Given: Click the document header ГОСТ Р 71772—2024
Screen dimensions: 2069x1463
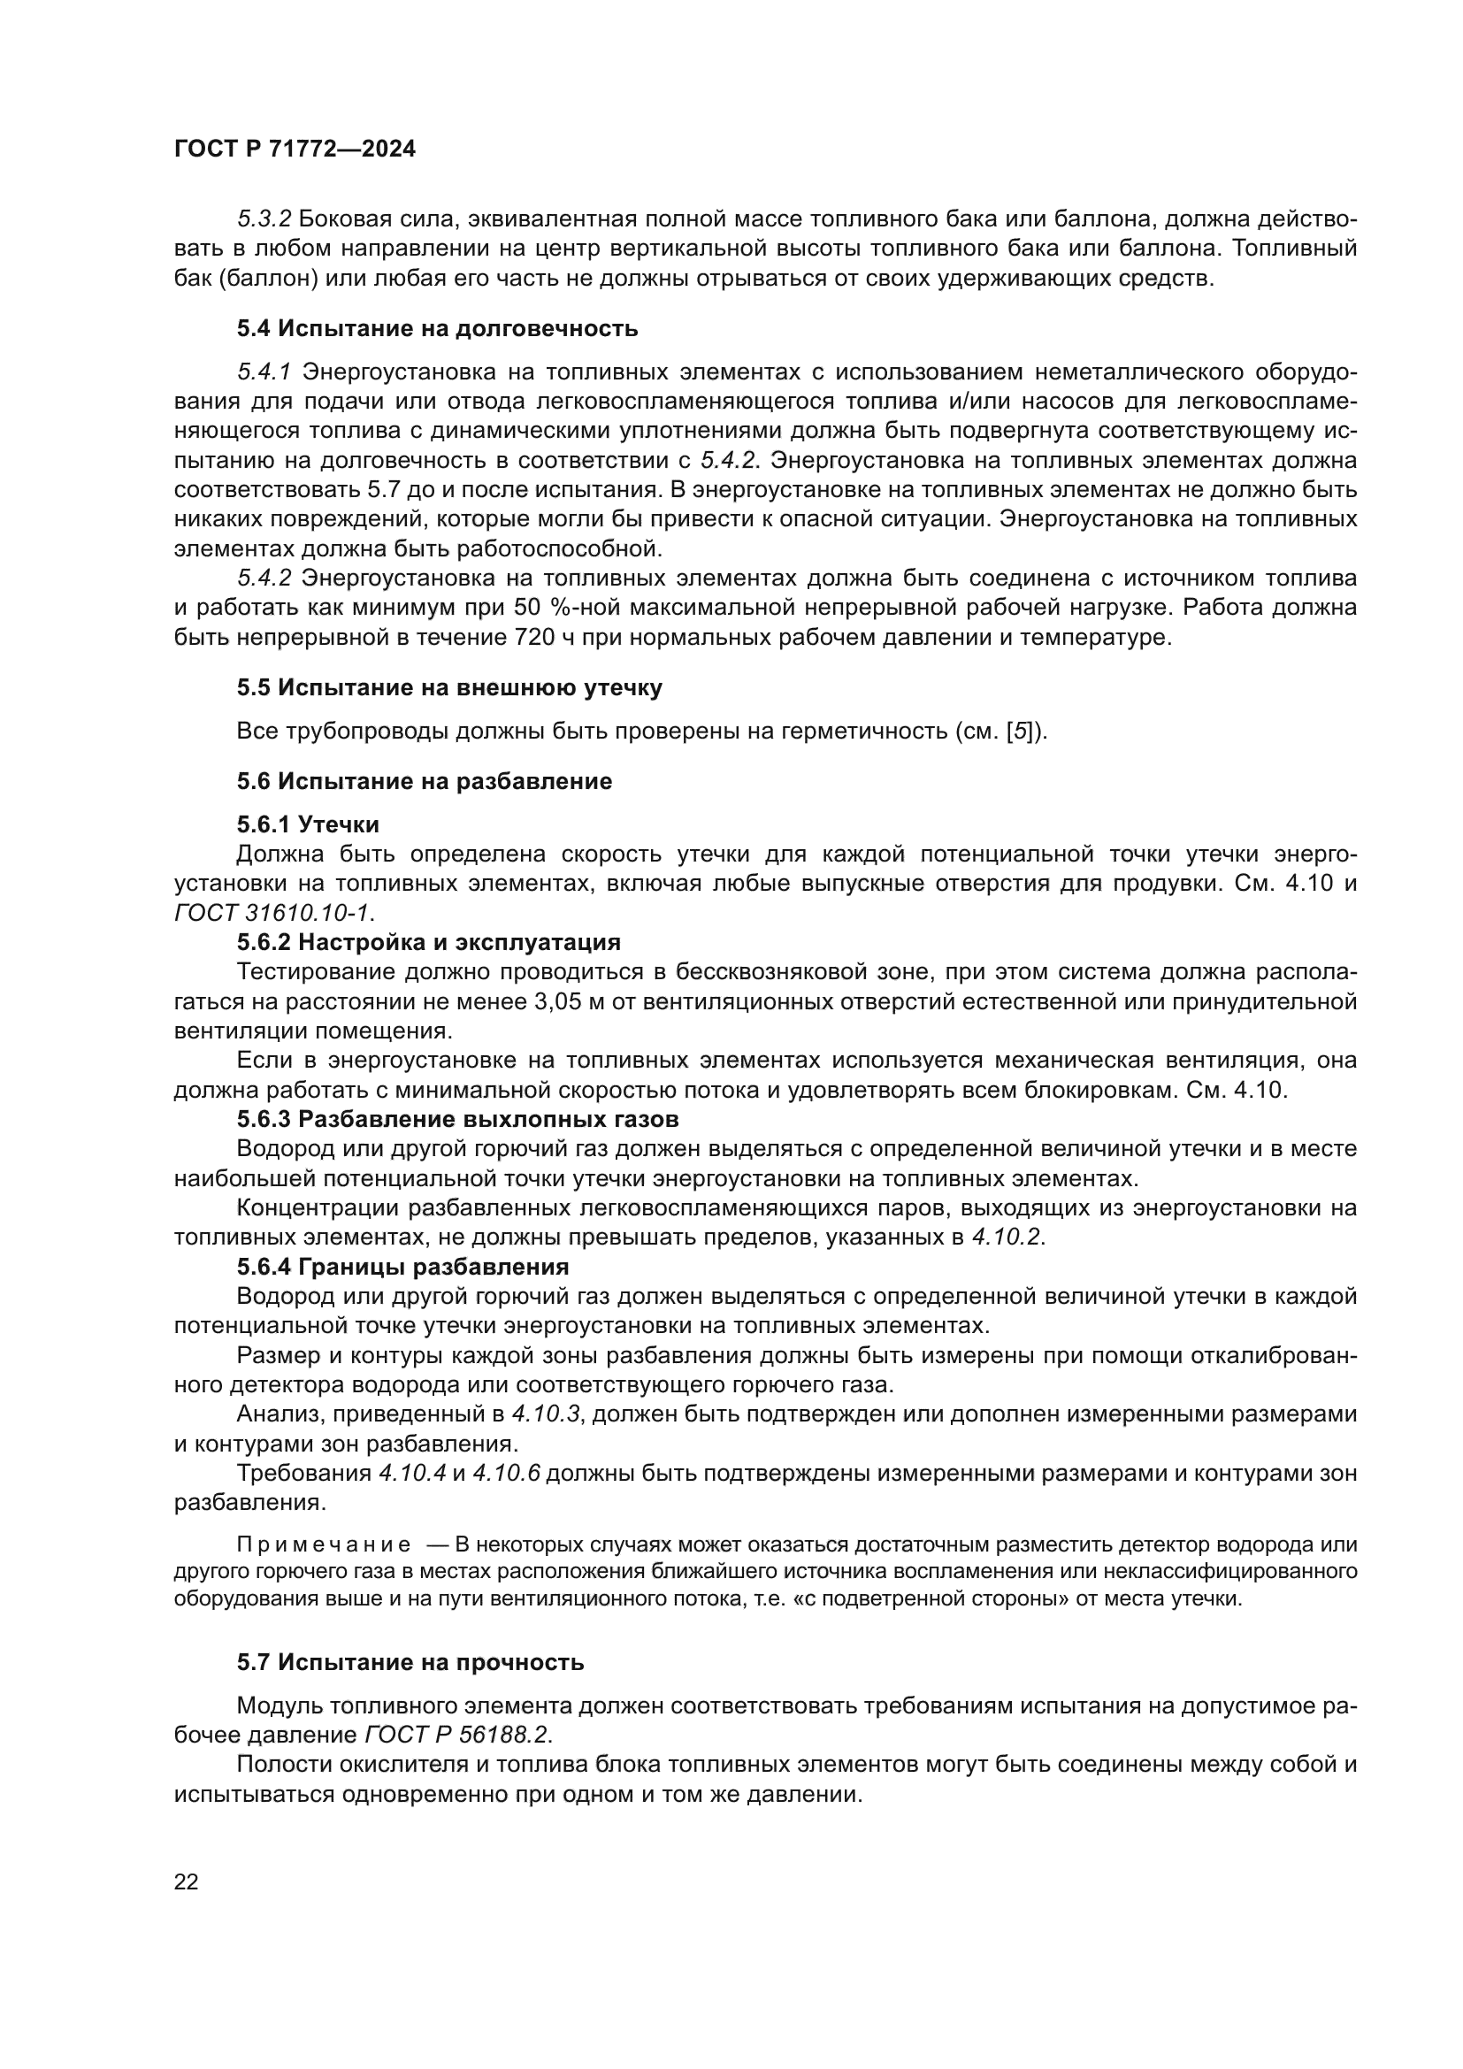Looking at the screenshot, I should [x=295, y=149].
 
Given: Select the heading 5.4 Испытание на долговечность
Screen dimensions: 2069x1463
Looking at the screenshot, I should [x=437, y=328].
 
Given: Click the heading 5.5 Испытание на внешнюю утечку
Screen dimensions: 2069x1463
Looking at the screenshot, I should [x=448, y=687].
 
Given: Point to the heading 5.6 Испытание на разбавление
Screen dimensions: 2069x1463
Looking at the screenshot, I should [x=425, y=781].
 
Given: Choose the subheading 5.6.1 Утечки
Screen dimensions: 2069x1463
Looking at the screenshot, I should [x=307, y=824].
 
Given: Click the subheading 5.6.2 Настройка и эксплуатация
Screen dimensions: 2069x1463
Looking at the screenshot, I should [x=429, y=943].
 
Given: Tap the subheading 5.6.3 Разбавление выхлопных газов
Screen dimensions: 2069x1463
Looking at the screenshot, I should [x=457, y=1119].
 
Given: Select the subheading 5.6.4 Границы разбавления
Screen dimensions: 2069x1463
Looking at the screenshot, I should [x=402, y=1267].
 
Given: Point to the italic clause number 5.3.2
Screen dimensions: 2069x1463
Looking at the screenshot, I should [x=264, y=219].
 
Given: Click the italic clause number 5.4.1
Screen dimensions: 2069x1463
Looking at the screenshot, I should [x=264, y=372].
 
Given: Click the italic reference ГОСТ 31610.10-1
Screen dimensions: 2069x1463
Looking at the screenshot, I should [x=272, y=913].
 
